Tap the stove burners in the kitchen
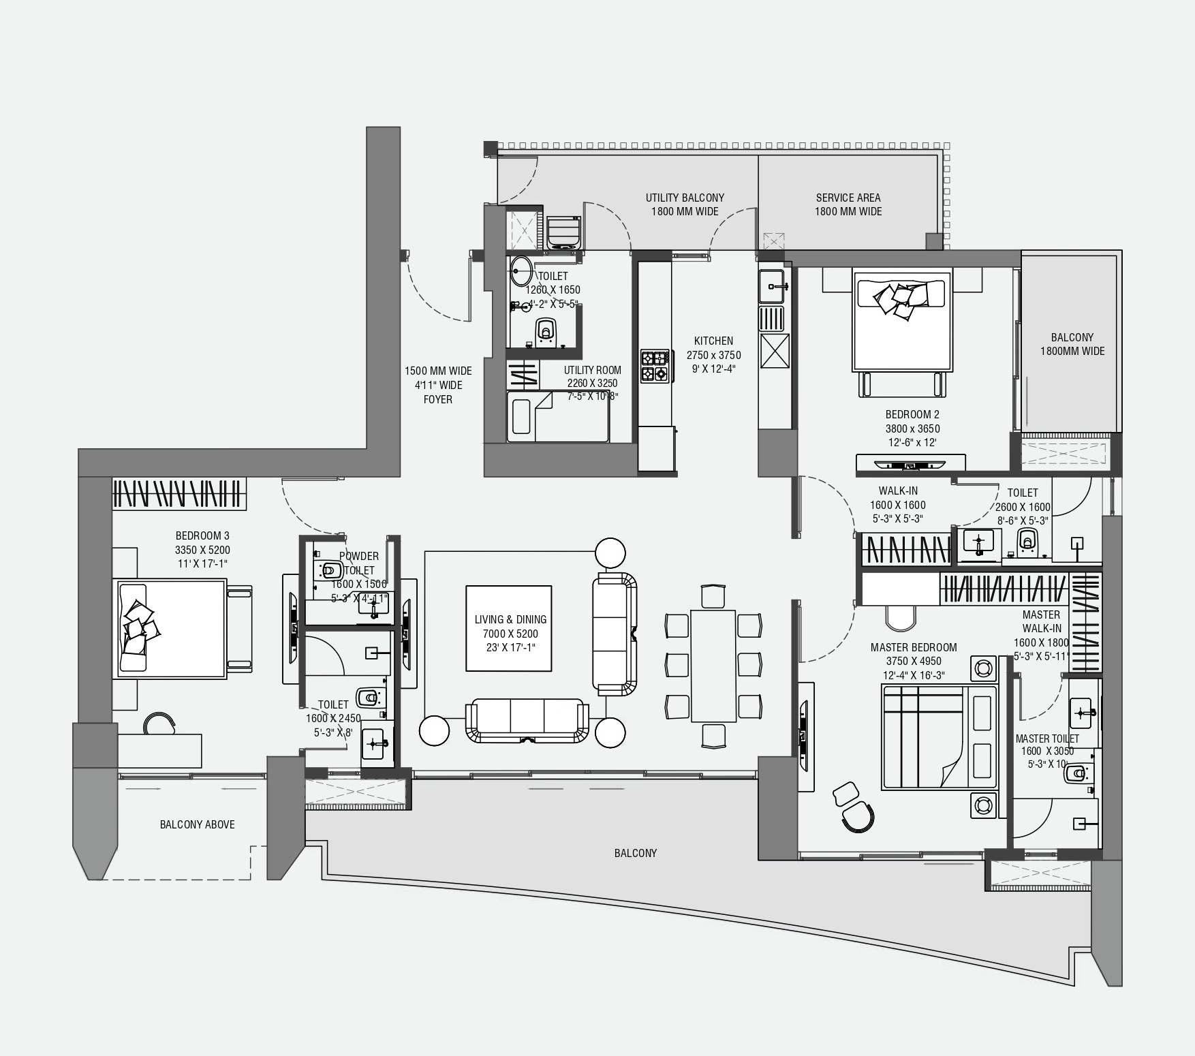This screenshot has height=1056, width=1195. [x=655, y=366]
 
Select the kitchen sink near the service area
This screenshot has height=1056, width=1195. [x=773, y=285]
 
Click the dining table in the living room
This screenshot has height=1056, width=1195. [x=713, y=666]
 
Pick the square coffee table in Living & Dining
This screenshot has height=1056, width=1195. [x=509, y=627]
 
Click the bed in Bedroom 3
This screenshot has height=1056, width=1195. [x=172, y=628]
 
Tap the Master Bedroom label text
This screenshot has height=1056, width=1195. [x=913, y=647]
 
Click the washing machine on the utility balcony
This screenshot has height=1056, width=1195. [x=564, y=232]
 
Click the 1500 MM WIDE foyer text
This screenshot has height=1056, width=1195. [x=438, y=371]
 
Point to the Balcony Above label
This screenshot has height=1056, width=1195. [x=197, y=824]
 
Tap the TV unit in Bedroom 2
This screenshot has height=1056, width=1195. [x=910, y=464]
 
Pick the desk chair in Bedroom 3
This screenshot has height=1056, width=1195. [x=159, y=723]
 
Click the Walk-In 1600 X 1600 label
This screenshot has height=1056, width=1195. [x=897, y=505]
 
